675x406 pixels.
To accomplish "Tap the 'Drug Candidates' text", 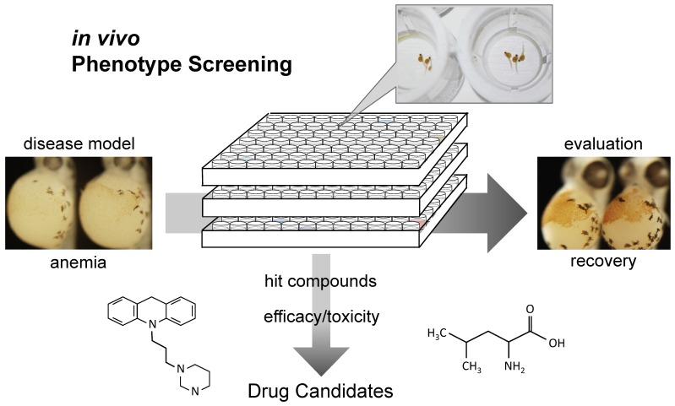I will click(320, 391).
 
